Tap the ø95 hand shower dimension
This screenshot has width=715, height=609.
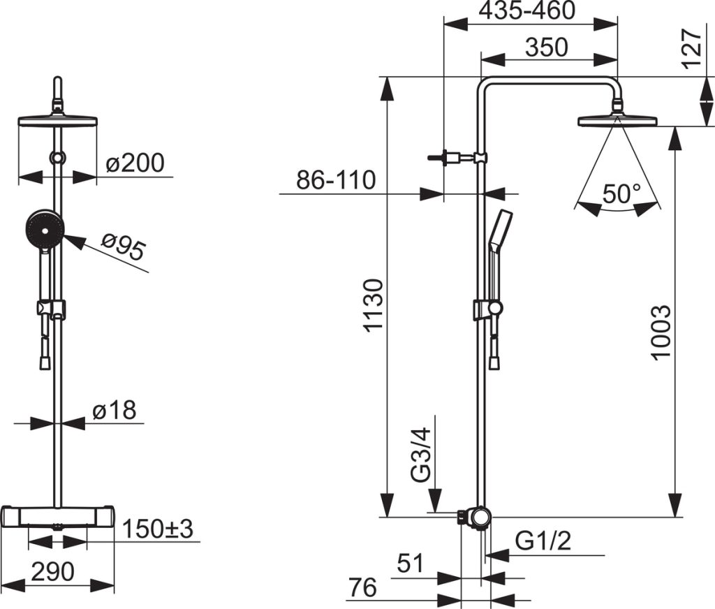(124, 249)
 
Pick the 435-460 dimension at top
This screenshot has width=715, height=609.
(528, 12)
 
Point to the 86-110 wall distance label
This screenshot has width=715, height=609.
(336, 180)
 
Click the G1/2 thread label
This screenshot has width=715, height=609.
(543, 541)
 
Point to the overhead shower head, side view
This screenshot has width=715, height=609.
(617, 121)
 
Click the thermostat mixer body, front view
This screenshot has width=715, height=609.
(59, 517)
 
